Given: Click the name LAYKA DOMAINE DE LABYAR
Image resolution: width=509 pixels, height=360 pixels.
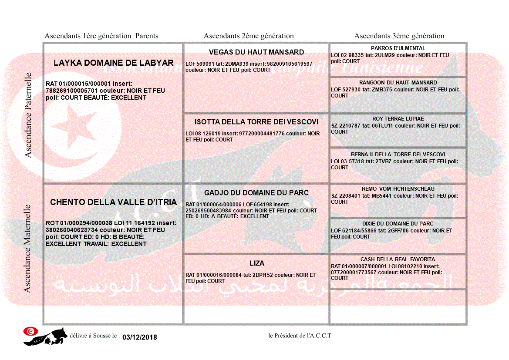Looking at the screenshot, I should (x=113, y=63).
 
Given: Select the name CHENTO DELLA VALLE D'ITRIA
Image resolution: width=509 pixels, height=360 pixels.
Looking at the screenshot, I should (x=113, y=202).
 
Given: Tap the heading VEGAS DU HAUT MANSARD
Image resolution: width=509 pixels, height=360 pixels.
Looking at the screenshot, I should (x=256, y=52).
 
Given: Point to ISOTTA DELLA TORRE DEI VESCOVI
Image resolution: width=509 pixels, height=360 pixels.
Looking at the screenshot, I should (x=256, y=122).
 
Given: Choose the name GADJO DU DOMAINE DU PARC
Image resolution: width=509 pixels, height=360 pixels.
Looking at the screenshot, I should (x=256, y=193).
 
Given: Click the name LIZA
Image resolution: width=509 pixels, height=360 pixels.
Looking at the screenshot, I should (x=256, y=263).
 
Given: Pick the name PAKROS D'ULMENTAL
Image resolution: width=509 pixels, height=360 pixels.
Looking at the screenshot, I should (x=398, y=48).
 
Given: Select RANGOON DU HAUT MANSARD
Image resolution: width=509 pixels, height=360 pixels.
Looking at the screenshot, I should (x=398, y=83).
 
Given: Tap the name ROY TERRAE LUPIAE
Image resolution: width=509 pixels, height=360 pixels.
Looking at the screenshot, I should (x=398, y=119).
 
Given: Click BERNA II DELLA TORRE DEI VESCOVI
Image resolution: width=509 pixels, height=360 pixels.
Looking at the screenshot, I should (x=398, y=155).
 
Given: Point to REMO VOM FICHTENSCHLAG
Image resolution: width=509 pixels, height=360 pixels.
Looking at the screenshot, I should (x=398, y=189).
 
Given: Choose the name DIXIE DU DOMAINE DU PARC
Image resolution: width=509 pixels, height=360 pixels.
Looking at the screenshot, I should (x=398, y=224).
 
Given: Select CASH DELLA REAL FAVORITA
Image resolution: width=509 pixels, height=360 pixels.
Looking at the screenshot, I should (x=398, y=259).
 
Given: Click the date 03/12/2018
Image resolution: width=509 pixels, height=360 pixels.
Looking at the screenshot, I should (x=140, y=337).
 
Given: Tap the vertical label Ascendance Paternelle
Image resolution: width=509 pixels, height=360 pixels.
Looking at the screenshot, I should (x=28, y=115).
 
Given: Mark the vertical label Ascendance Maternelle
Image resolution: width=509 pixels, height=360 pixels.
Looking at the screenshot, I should (x=27, y=248).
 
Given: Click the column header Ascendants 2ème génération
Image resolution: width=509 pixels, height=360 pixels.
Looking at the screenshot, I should (x=249, y=36).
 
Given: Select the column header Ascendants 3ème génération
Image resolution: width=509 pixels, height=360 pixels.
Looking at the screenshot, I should (x=399, y=36).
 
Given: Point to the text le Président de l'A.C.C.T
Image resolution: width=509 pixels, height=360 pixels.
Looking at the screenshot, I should (x=300, y=336).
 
